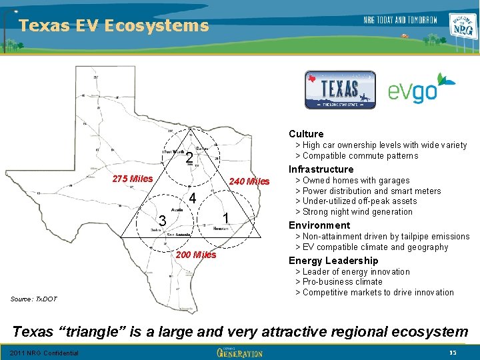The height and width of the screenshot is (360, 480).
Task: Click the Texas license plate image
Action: click(340, 89)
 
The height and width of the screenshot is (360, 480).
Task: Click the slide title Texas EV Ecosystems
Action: click(113, 26)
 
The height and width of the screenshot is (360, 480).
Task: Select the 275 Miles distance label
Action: click(132, 179)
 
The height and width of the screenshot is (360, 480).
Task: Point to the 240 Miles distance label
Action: click(249, 181)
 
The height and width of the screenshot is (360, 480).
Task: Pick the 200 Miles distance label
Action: click(195, 255)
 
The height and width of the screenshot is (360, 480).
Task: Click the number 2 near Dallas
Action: click(189, 158)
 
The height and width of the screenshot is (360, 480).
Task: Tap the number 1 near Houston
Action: click(226, 218)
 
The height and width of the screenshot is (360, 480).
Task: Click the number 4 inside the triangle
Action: click(192, 198)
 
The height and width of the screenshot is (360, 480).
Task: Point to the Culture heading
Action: click(306, 134)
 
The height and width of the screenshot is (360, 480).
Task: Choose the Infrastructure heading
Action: click(321, 169)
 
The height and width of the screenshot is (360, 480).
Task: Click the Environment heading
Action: click(319, 225)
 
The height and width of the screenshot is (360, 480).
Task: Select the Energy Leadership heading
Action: click(333, 261)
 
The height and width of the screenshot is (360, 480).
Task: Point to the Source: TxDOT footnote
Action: click(33, 299)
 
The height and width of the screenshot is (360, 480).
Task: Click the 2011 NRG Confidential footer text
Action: click(44, 353)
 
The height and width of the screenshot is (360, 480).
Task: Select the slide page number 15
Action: click(453, 352)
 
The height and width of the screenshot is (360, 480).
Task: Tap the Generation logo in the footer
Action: click(239, 352)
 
